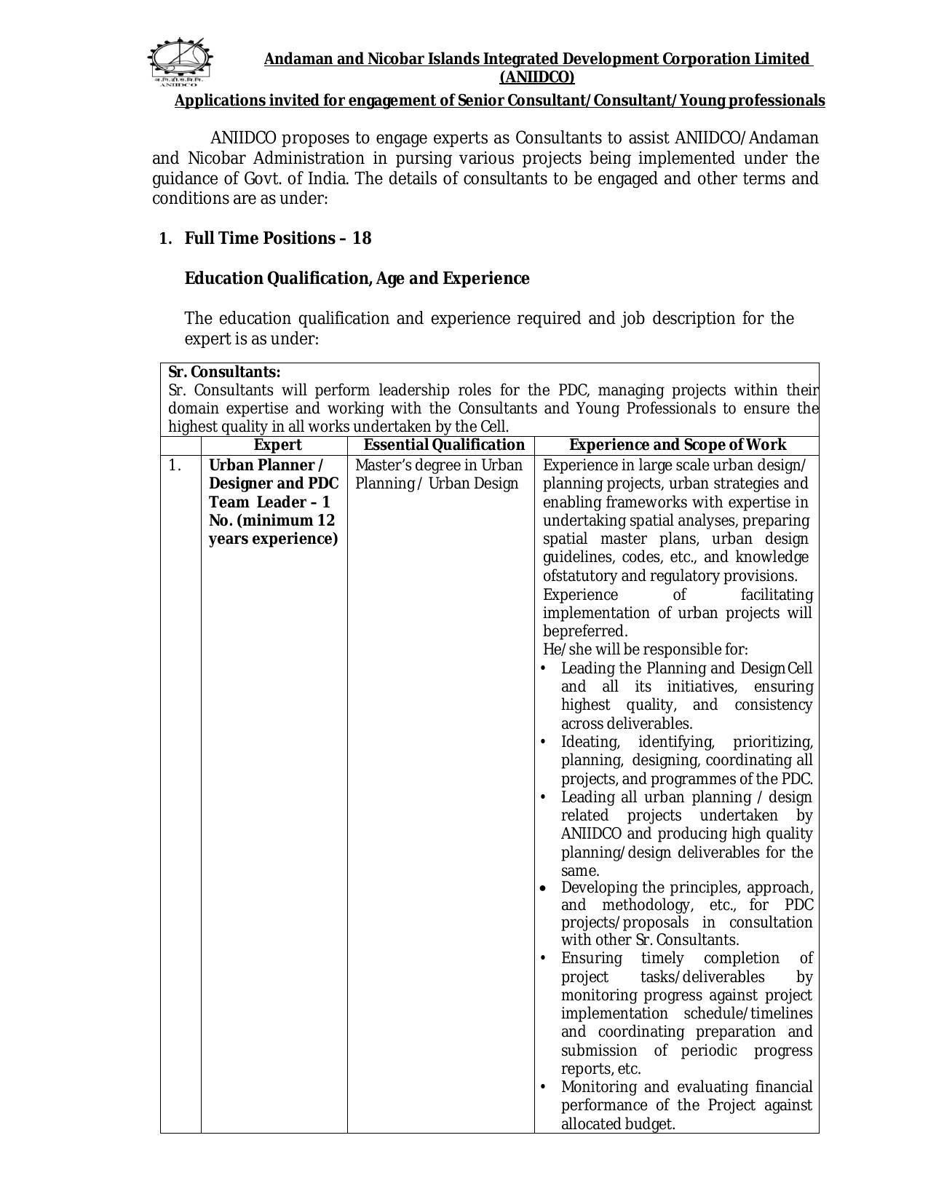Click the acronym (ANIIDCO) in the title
pos(536,77)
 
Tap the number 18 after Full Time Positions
pos(362,238)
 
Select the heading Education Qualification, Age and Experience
pos(357,278)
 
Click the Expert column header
pos(277,445)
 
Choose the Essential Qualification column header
pos(444,445)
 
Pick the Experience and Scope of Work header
pos(677,445)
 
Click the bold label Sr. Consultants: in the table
pos(224,372)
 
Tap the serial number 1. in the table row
pos(175,465)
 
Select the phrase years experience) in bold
pos(273,539)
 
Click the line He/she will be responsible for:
pos(645,649)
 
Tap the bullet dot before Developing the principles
pos(543,889)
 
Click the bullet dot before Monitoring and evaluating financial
pos(543,1087)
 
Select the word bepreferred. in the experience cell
pos(585,631)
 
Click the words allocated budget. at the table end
pos(618,1124)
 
